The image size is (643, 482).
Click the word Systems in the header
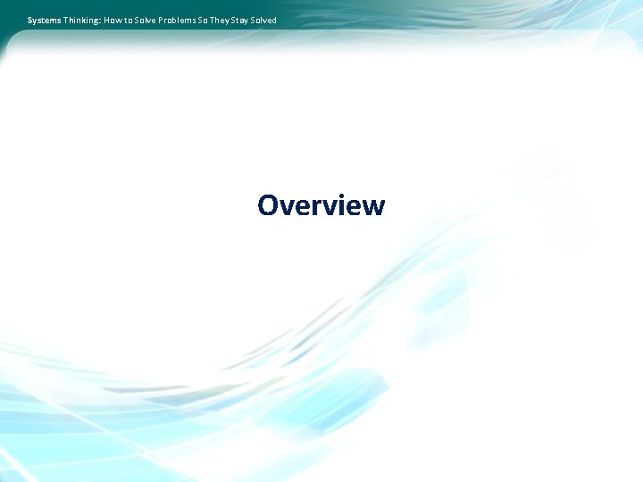[44, 21]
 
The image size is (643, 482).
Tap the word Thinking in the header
[81, 21]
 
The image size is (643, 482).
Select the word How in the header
[113, 21]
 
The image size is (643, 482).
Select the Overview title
[321, 206]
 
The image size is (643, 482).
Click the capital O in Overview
[268, 206]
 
